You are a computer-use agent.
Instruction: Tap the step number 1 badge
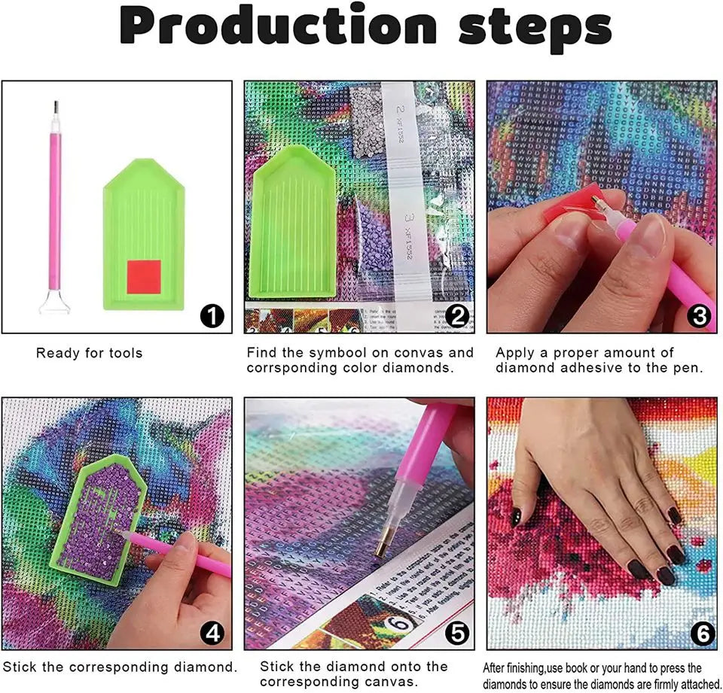pyautogui.click(x=212, y=317)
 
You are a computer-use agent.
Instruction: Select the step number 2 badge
pyautogui.click(x=457, y=317)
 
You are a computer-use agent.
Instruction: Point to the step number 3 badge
pyautogui.click(x=700, y=317)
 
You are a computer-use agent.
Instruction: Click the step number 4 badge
pyautogui.click(x=212, y=634)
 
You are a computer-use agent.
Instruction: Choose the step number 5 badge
pyautogui.click(x=457, y=634)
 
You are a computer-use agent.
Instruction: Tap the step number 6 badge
pyautogui.click(x=700, y=634)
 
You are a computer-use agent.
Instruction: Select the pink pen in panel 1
pyautogui.click(x=55, y=203)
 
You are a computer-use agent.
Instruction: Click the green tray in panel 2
pyautogui.click(x=294, y=226)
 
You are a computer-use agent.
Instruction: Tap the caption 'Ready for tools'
pyautogui.click(x=89, y=353)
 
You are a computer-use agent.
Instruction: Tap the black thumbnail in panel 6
pyautogui.click(x=517, y=516)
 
